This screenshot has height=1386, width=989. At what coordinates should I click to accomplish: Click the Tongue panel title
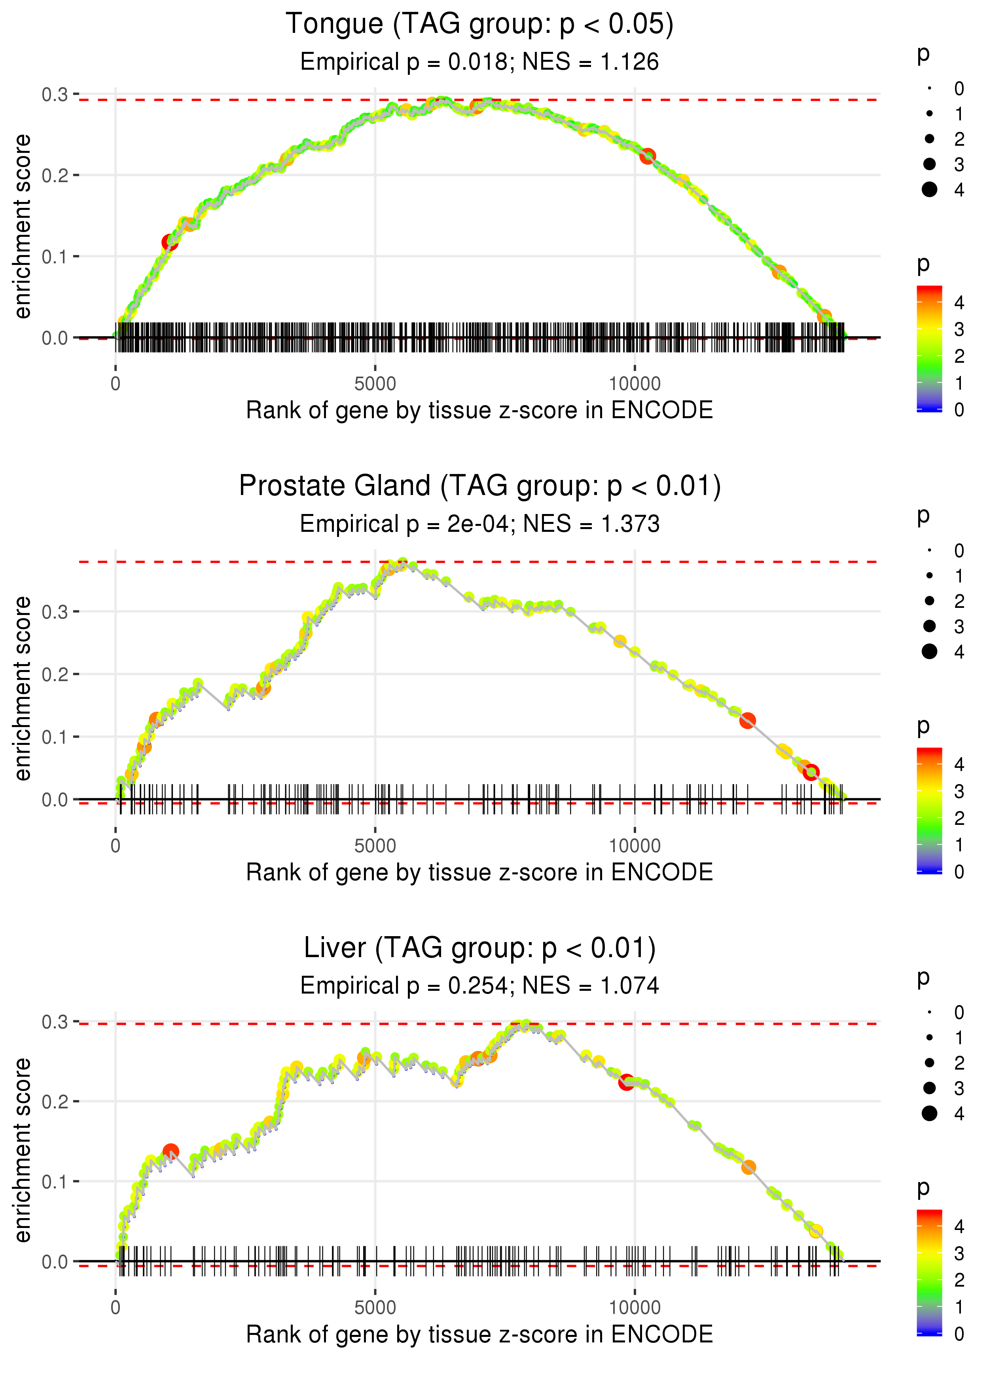[479, 25]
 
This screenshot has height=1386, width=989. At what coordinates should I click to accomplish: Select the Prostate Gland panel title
[479, 486]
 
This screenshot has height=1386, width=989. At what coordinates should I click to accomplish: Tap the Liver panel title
[479, 948]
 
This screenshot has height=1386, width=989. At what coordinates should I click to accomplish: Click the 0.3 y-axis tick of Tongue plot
[54, 95]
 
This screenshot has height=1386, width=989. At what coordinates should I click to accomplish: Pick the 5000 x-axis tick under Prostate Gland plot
[375, 845]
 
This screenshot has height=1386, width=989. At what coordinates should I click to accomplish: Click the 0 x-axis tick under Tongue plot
[116, 384]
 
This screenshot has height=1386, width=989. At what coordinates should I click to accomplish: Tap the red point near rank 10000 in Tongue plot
[647, 156]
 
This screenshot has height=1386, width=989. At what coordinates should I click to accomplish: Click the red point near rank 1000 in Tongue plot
[170, 243]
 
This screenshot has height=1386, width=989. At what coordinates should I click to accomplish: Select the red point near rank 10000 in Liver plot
[626, 1083]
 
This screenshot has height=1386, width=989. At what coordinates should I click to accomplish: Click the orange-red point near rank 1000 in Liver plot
[171, 1151]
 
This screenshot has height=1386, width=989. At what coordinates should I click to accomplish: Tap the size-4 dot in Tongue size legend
[929, 190]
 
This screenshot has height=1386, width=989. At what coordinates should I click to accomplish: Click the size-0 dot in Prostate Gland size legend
[929, 550]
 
